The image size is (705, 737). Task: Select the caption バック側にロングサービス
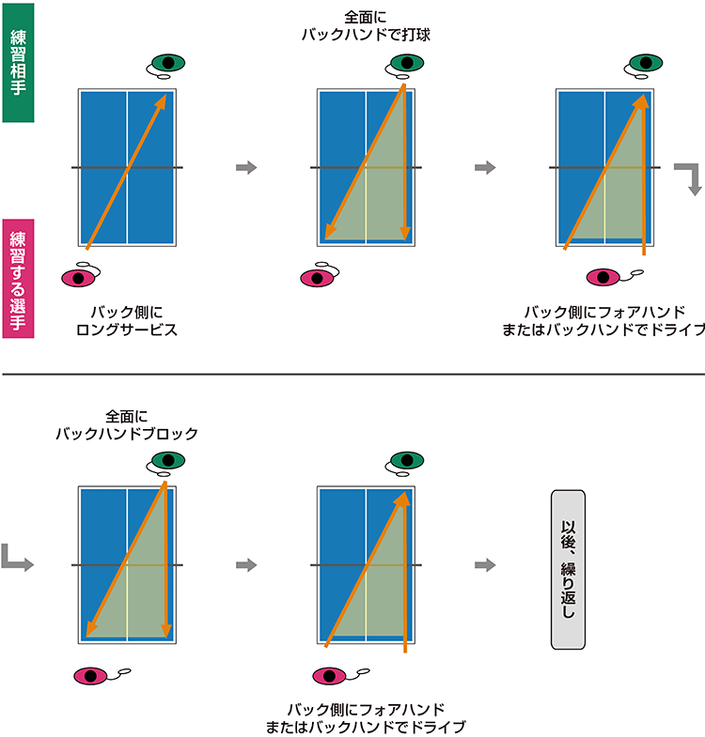(x=126, y=321)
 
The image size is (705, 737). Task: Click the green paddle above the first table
(x=166, y=63)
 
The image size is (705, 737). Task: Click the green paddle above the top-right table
(x=642, y=63)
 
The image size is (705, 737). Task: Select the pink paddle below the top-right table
(x=603, y=277)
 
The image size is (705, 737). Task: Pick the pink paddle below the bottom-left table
(x=91, y=674)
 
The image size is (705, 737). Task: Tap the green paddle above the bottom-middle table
(x=405, y=460)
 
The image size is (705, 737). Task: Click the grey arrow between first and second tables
(x=245, y=167)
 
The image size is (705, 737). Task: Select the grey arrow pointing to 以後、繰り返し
(x=485, y=564)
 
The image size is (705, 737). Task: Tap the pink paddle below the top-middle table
(x=316, y=278)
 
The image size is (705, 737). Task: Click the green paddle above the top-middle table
(x=405, y=63)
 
